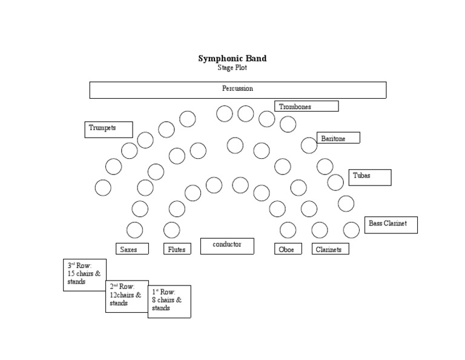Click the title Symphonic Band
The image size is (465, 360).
[x=232, y=59]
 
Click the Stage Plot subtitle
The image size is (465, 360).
[x=232, y=68]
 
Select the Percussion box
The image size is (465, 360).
[x=237, y=90]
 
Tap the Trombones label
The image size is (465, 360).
[x=306, y=107]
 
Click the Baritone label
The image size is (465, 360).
[x=338, y=138]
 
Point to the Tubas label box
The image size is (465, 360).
[x=369, y=177]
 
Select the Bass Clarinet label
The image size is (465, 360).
[x=391, y=224]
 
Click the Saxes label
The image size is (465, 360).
[x=132, y=249]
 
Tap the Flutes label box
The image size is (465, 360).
[x=177, y=249]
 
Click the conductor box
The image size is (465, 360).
[x=227, y=245]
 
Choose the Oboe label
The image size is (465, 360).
[x=288, y=249]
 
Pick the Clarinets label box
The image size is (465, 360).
[x=330, y=249]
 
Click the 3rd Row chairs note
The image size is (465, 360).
[x=85, y=275]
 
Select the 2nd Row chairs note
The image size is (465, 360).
[x=127, y=296]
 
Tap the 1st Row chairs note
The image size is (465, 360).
[x=169, y=301]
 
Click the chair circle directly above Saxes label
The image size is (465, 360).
[x=134, y=230]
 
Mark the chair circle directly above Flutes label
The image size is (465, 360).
[x=172, y=230]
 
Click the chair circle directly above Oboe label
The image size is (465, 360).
[x=288, y=230]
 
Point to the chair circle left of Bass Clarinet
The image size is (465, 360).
[x=351, y=230]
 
